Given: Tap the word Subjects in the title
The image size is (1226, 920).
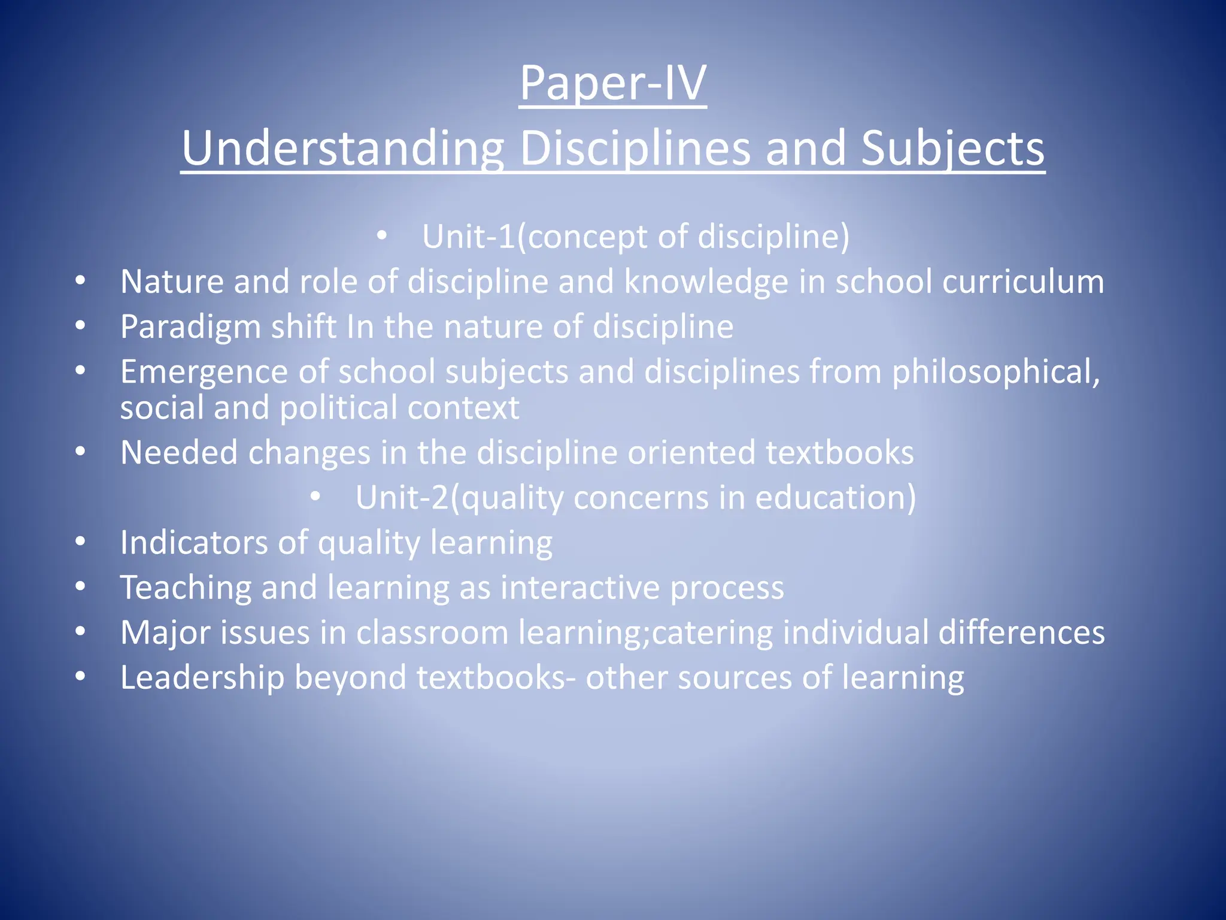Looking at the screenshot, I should pos(952,149).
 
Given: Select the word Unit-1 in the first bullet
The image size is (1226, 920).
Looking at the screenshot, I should pos(469,236).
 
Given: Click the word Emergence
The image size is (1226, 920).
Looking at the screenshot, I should pos(204,372).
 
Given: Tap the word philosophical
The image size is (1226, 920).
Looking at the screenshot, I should pos(996,373).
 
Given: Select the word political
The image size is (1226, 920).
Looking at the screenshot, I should pos(338,408).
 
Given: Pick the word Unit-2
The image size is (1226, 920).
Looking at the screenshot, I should pos(402,497).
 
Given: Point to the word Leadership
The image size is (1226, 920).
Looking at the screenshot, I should pos(202,678).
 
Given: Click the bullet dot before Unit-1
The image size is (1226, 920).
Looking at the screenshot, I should pos(382,236).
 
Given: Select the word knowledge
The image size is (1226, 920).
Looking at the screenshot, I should pos(706,282).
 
